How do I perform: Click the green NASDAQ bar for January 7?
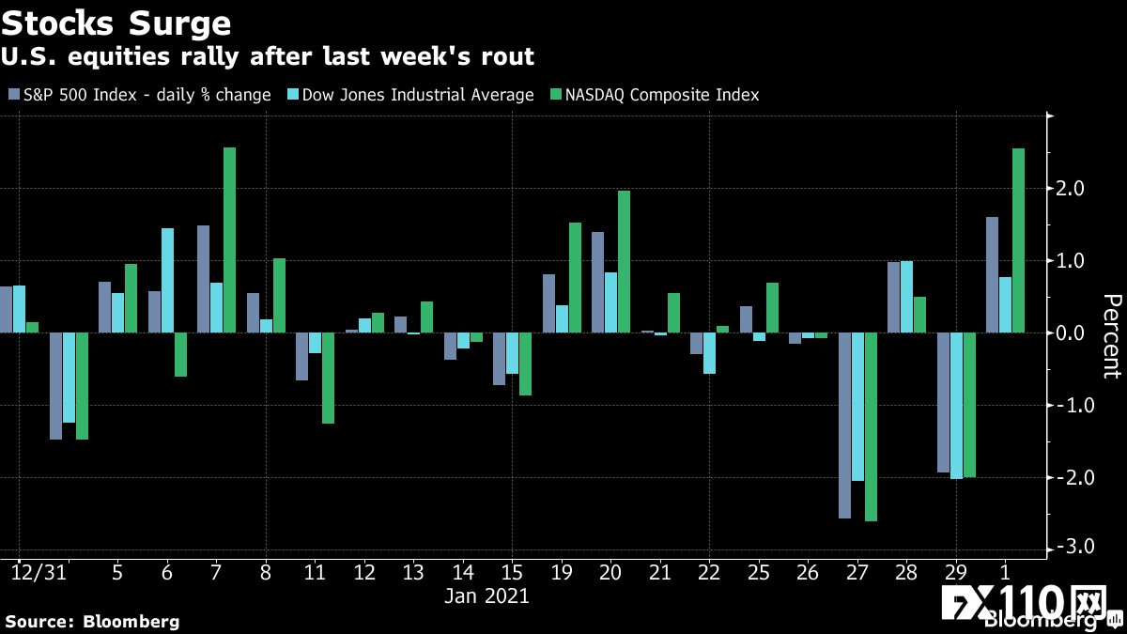pos(229,240)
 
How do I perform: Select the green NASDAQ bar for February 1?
pos(1018,240)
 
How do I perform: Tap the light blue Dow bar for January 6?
pos(167,281)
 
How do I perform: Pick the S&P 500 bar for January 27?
pos(844,425)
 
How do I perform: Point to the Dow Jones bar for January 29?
pos(956,406)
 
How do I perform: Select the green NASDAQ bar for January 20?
pos(624,262)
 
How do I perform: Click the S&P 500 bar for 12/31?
pos(7,310)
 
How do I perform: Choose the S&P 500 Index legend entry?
pos(140,95)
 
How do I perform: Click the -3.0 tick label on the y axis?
pos(1071,547)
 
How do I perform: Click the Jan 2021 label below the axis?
pos(486,595)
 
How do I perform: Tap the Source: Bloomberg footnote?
pos(92,621)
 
